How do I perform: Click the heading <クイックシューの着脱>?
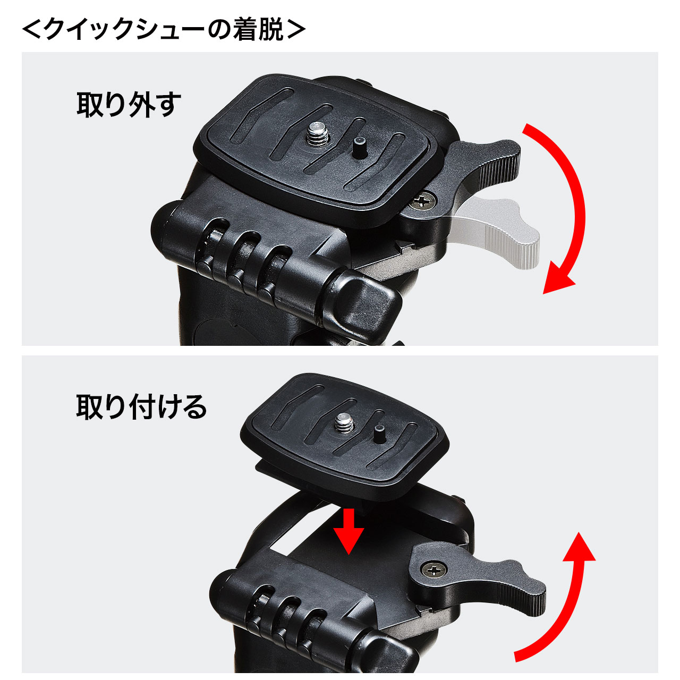(x=164, y=30)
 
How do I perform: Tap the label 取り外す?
(x=129, y=105)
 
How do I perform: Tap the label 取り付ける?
(x=141, y=407)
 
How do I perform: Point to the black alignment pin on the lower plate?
(x=379, y=435)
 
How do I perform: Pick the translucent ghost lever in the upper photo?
(x=498, y=231)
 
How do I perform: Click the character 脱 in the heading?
(x=271, y=30)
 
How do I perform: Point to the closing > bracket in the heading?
(x=296, y=30)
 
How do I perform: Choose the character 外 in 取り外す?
(x=142, y=105)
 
